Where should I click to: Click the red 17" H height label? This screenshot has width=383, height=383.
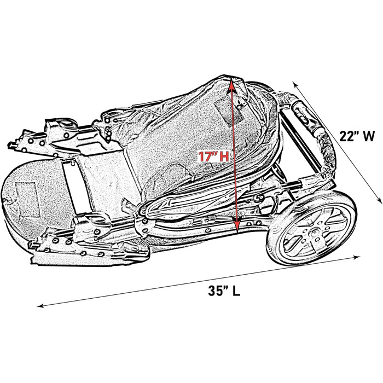point(213,156)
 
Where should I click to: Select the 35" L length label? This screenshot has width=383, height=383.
point(223,291)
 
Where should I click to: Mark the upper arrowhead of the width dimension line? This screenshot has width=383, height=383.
point(295,84)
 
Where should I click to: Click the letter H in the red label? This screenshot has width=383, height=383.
point(223,156)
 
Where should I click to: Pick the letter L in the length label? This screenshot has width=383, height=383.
point(236,291)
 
